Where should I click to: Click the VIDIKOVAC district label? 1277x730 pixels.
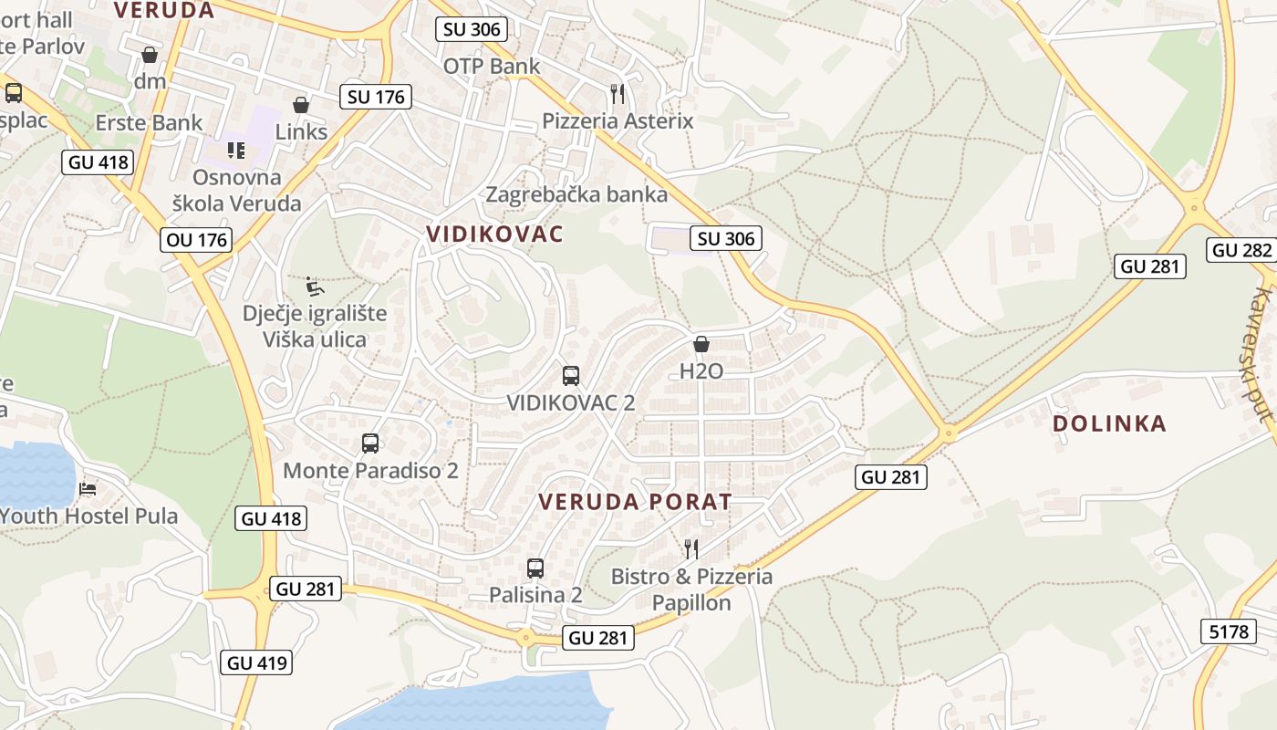[494, 234]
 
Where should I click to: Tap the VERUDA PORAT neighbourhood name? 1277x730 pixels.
[635, 502]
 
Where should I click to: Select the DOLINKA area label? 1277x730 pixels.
[1109, 423]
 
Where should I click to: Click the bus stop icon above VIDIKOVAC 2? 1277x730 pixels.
[571, 375]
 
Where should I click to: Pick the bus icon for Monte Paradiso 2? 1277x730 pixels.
[370, 443]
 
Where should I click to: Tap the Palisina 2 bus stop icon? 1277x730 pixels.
[535, 568]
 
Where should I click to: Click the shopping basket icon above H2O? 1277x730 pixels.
[701, 344]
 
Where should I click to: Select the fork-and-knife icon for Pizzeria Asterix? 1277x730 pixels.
[618, 93]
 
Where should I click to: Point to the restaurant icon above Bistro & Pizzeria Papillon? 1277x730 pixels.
[691, 548]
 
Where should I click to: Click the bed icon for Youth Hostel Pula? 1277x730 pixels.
[88, 489]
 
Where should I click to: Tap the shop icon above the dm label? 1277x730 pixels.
[150, 55]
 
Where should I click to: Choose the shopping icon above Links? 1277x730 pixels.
[301, 105]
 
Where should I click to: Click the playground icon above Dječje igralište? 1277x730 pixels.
[314, 287]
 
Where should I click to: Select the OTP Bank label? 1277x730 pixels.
[492, 66]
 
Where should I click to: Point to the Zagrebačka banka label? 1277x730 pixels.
[576, 194]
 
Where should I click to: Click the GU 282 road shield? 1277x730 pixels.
[1241, 250]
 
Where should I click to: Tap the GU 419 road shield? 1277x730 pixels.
[256, 662]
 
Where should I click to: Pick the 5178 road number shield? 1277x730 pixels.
[1228, 631]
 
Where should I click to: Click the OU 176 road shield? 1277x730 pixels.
[195, 240]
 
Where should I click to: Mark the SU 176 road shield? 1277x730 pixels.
[376, 97]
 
